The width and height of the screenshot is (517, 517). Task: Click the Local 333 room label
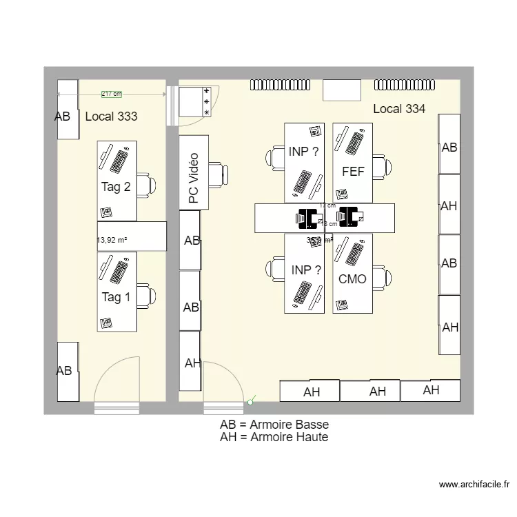point(111,116)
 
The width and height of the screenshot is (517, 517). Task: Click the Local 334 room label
point(399,108)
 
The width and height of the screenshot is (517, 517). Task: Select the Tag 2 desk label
point(116,187)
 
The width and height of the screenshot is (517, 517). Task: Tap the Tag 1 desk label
point(116,297)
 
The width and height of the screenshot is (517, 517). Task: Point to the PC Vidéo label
point(194,179)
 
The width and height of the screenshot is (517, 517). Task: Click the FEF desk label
point(352,172)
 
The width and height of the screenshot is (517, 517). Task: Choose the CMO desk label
point(352,279)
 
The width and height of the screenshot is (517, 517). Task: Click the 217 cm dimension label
point(111,94)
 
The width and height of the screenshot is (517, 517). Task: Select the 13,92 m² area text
point(112,241)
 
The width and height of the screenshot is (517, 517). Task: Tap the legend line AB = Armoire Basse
point(274,425)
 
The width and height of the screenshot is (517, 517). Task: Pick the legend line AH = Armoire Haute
point(274,437)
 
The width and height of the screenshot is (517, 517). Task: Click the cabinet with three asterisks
point(194,101)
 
